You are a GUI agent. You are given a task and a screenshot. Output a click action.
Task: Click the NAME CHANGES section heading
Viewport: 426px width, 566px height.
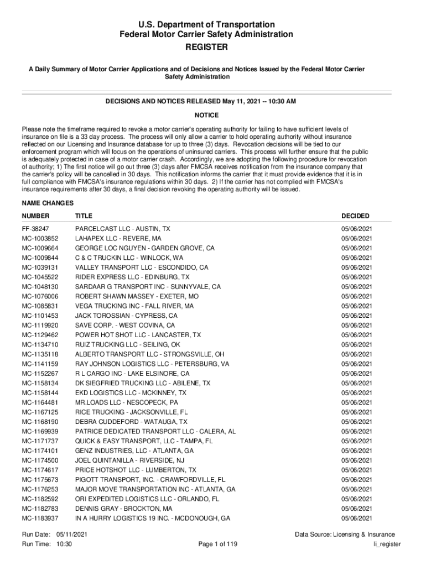pyautogui.click(x=48, y=203)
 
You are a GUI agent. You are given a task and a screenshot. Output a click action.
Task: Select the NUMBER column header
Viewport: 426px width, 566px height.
pyautogui.click(x=35, y=216)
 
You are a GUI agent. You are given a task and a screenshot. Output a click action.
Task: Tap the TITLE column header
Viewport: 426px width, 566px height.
pyautogui.click(x=84, y=216)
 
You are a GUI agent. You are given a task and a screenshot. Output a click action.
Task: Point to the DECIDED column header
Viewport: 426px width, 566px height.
pyautogui.click(x=355, y=216)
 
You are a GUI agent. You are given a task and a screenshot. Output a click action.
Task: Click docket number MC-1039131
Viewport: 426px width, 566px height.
pyautogui.click(x=40, y=268)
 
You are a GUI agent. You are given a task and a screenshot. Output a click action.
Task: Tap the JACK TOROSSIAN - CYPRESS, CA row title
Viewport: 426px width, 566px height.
pyautogui.click(x=126, y=316)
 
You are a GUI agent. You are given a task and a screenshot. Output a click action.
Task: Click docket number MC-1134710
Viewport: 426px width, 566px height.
pyautogui.click(x=40, y=344)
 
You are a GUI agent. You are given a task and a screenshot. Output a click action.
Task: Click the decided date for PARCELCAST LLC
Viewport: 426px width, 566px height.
pyautogui.click(x=356, y=229)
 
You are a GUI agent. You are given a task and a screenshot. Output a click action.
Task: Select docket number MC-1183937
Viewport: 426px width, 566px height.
pyautogui.click(x=40, y=518)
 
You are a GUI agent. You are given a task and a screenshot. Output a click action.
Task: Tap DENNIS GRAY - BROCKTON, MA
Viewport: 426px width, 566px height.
pyautogui.click(x=123, y=509)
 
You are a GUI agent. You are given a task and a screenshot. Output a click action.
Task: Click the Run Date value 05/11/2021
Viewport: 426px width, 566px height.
pyautogui.click(x=71, y=534)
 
